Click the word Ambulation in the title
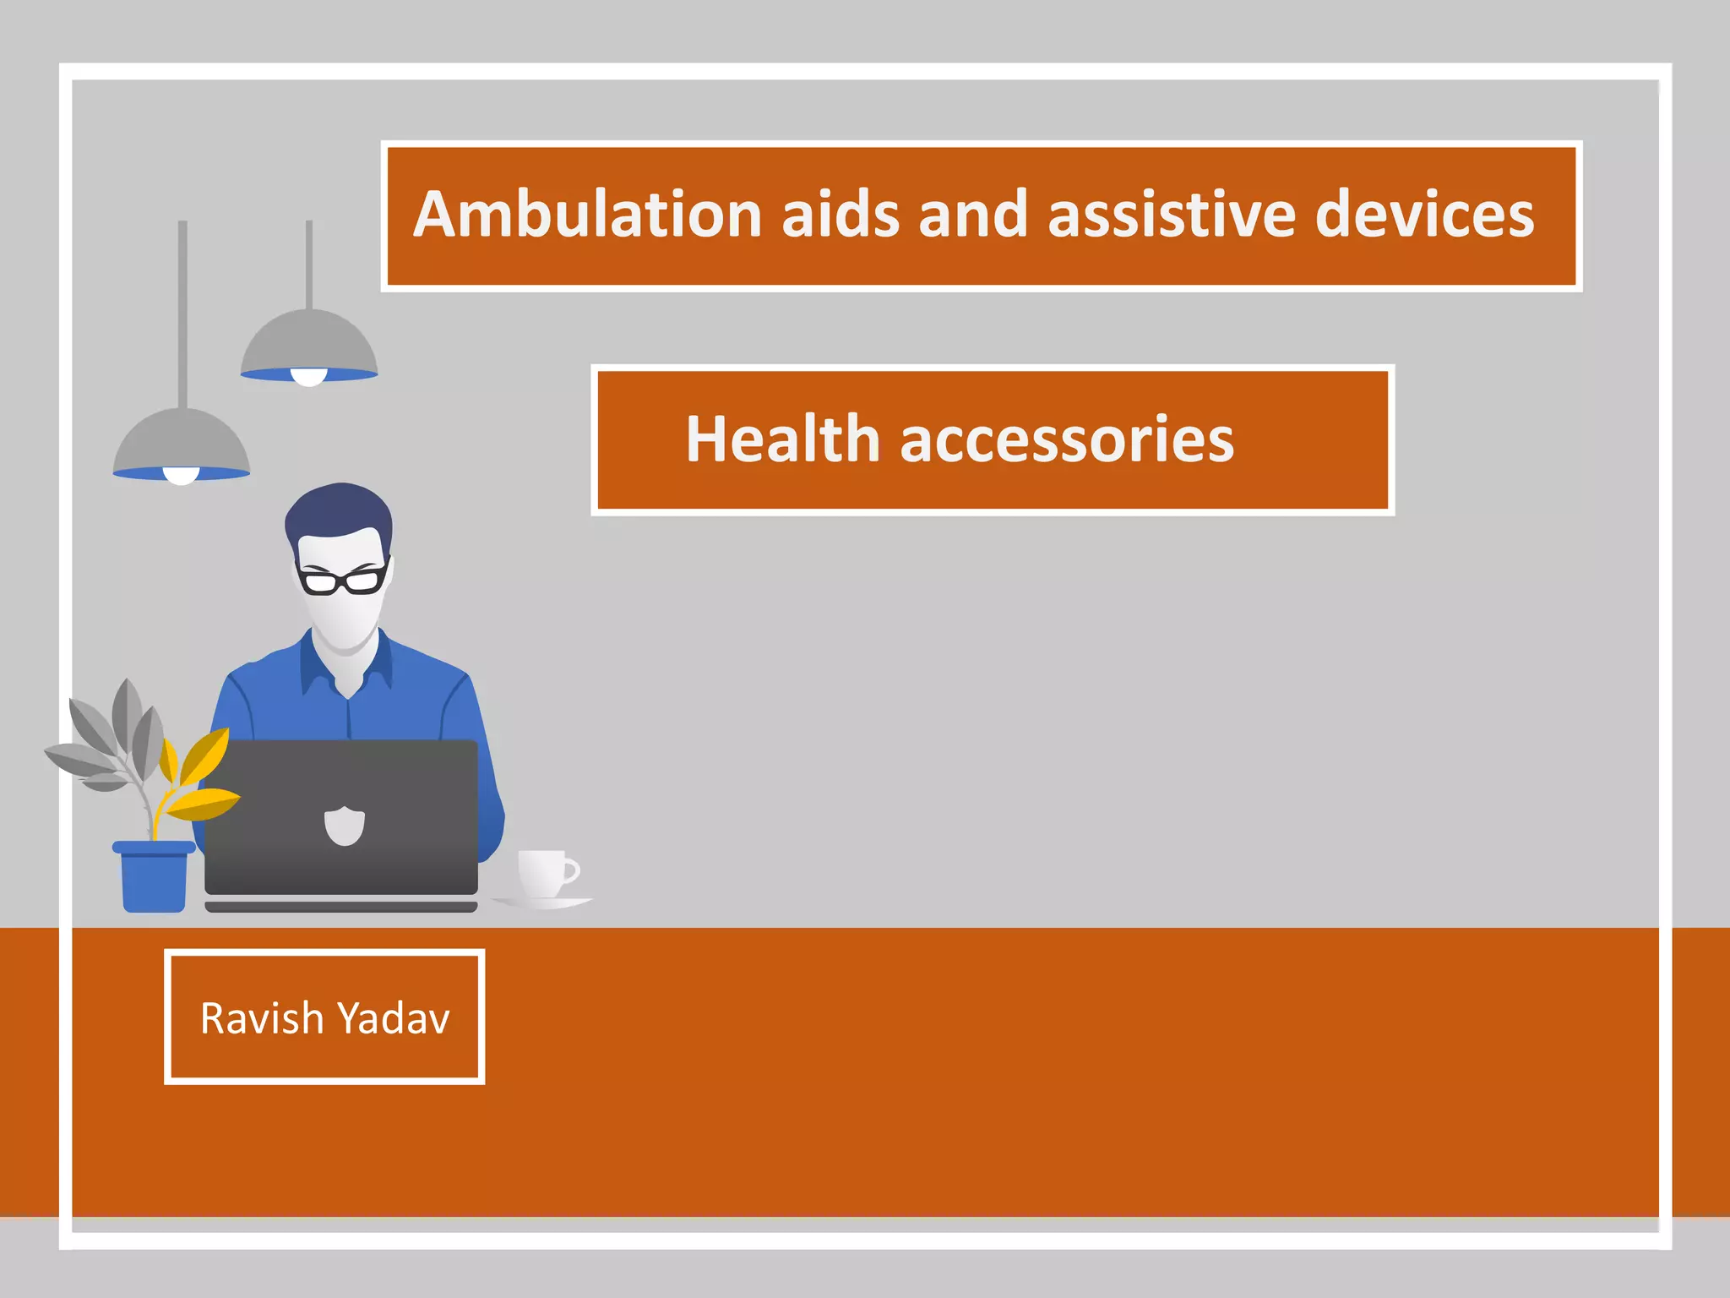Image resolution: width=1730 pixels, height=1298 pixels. [589, 215]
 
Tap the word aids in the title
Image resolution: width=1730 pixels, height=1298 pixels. [841, 215]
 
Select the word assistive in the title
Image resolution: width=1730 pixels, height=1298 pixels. [1172, 215]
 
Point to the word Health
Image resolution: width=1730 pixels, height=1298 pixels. [783, 439]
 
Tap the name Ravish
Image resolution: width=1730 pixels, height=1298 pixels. [262, 1018]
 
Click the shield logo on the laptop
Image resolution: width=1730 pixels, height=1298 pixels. [345, 825]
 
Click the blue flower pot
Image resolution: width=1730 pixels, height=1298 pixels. [154, 879]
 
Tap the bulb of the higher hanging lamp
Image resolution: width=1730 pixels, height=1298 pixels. [309, 377]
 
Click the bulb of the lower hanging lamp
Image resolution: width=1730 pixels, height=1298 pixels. [181, 475]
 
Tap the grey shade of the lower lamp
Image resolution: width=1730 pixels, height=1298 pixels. [182, 439]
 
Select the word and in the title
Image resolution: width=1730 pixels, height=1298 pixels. [972, 215]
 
